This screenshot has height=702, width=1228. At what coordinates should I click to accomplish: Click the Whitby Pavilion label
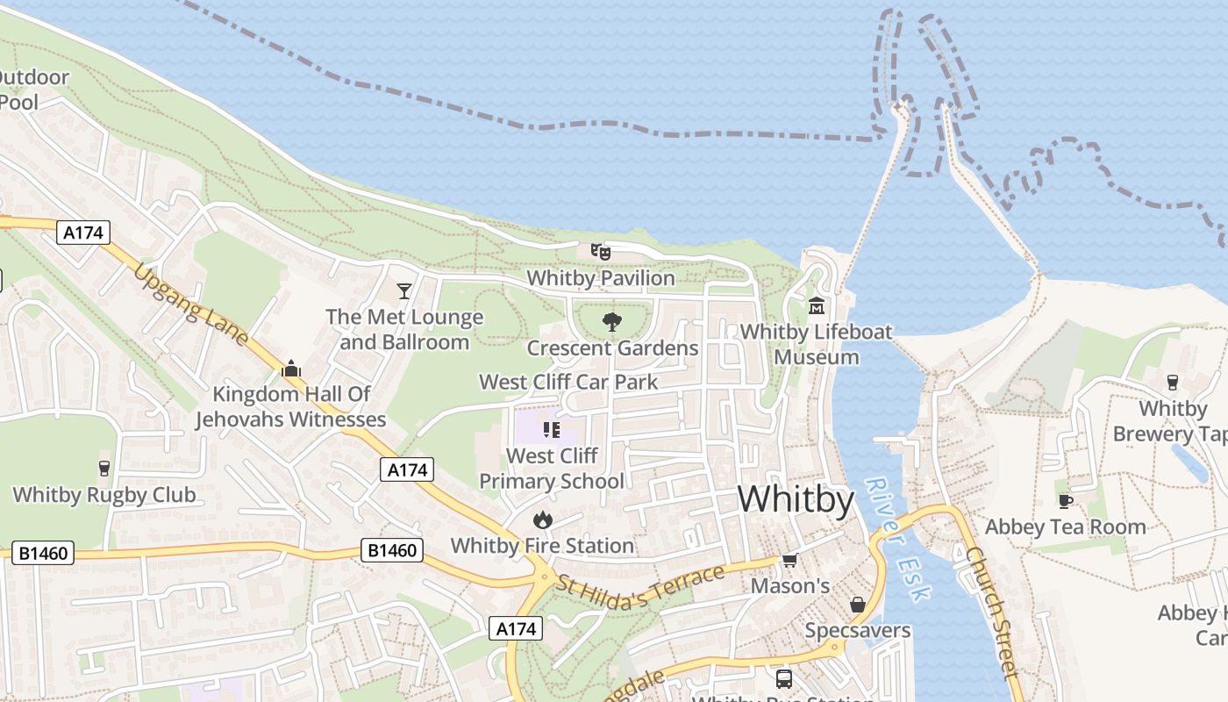[601, 278]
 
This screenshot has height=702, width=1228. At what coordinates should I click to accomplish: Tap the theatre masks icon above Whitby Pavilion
[601, 252]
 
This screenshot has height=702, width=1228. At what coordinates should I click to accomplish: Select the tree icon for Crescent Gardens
[612, 322]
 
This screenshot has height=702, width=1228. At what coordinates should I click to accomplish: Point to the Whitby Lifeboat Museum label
[817, 344]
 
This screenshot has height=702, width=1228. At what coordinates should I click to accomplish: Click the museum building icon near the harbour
[817, 305]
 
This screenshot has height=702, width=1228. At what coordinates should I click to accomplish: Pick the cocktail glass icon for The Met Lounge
[403, 290]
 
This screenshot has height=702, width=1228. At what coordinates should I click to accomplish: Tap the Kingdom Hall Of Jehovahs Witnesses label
[291, 406]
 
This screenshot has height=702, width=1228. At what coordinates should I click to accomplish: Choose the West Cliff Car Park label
[568, 382]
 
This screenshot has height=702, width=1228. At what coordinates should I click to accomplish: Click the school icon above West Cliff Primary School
[552, 429]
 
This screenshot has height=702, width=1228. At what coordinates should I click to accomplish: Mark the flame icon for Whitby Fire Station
[543, 519]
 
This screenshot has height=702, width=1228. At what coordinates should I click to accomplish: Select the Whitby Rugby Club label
[104, 494]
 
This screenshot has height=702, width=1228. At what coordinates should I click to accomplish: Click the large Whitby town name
[796, 499]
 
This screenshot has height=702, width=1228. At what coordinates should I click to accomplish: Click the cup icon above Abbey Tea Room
[1066, 501]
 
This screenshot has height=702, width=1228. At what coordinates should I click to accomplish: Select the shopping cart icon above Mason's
[789, 560]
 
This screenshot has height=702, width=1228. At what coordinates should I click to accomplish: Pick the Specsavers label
[858, 630]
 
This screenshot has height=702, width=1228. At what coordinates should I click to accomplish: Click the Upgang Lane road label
[190, 304]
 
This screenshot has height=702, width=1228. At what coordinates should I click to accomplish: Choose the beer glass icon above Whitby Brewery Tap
[1172, 382]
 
